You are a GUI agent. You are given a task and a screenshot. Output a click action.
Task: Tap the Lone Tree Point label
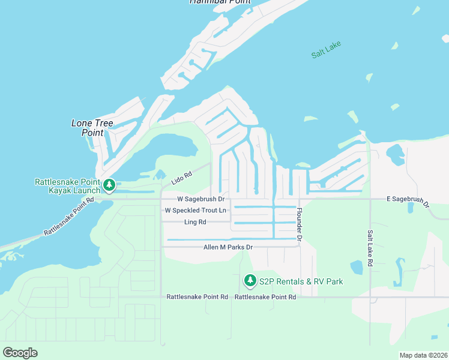[x=92, y=128]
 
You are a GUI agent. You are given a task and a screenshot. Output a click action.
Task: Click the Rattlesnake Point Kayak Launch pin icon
[x=109, y=185]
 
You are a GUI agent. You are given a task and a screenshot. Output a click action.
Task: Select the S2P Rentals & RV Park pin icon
[x=250, y=281]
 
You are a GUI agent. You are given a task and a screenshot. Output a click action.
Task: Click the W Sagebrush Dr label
[x=200, y=199]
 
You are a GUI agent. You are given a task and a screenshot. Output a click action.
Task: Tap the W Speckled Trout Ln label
[x=196, y=211]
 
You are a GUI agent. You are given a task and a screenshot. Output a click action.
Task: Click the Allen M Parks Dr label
[x=228, y=247]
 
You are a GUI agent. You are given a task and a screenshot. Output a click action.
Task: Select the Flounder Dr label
[x=298, y=226]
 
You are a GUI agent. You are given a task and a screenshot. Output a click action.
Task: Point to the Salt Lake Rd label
[x=370, y=247]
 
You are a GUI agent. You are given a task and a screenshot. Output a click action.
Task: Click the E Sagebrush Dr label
[x=408, y=200]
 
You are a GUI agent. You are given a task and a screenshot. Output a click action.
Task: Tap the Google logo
[x=20, y=352]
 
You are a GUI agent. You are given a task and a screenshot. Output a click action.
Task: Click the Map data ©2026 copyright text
[x=423, y=355]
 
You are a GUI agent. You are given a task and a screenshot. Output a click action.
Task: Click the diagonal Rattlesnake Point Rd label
[x=69, y=217]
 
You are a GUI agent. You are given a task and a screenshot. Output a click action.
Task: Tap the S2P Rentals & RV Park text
[x=301, y=281]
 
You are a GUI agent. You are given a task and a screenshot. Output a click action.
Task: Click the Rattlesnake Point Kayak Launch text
[x=67, y=186]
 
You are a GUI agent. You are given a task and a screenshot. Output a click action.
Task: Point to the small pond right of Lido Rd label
[x=160, y=175]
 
